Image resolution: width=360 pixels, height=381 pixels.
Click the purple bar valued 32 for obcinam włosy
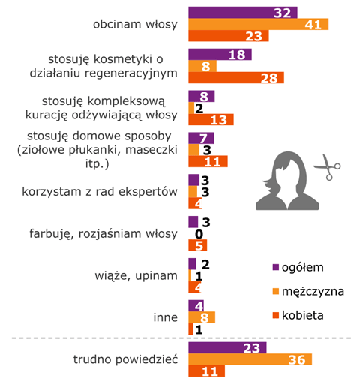coord(242,12)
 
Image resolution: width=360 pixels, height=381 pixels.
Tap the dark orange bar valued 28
coord(235,78)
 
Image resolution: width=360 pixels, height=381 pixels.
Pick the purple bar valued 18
coord(219,54)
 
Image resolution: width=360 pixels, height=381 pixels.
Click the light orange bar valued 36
coord(249,359)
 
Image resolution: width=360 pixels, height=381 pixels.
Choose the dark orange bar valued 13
coord(211,119)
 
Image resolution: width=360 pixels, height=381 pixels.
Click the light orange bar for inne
coord(202,316)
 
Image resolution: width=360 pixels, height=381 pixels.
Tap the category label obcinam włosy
coord(134,24)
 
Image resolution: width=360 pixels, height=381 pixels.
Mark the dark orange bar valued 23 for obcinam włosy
coord(225,36)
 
